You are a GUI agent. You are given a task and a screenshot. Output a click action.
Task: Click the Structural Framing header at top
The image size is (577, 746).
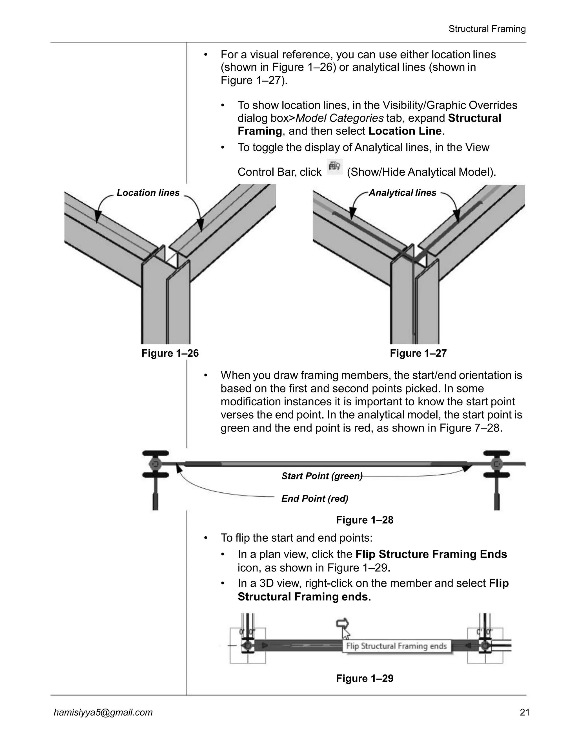487,29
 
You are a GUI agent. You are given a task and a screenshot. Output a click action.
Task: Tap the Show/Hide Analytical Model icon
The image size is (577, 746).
334,167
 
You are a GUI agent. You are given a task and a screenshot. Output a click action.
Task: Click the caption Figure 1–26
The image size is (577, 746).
170,353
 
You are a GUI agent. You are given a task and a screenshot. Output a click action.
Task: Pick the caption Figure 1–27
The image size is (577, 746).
418,353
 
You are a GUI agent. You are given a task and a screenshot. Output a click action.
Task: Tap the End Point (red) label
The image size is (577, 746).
314,499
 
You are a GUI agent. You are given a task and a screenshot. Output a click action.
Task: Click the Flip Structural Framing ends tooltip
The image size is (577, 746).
396,646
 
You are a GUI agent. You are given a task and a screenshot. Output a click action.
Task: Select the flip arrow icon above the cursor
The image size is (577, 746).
342,623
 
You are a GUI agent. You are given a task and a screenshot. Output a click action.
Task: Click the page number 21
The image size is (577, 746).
524,712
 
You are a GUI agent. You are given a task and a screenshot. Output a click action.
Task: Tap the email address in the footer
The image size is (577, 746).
103,712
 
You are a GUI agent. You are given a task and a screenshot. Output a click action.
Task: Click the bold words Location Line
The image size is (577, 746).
405,131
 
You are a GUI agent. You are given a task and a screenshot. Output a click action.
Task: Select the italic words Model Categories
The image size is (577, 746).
339,118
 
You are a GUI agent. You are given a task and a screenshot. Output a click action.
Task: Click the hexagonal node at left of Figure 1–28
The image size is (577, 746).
155,464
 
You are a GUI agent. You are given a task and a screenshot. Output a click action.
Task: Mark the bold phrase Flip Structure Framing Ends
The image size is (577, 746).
431,554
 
